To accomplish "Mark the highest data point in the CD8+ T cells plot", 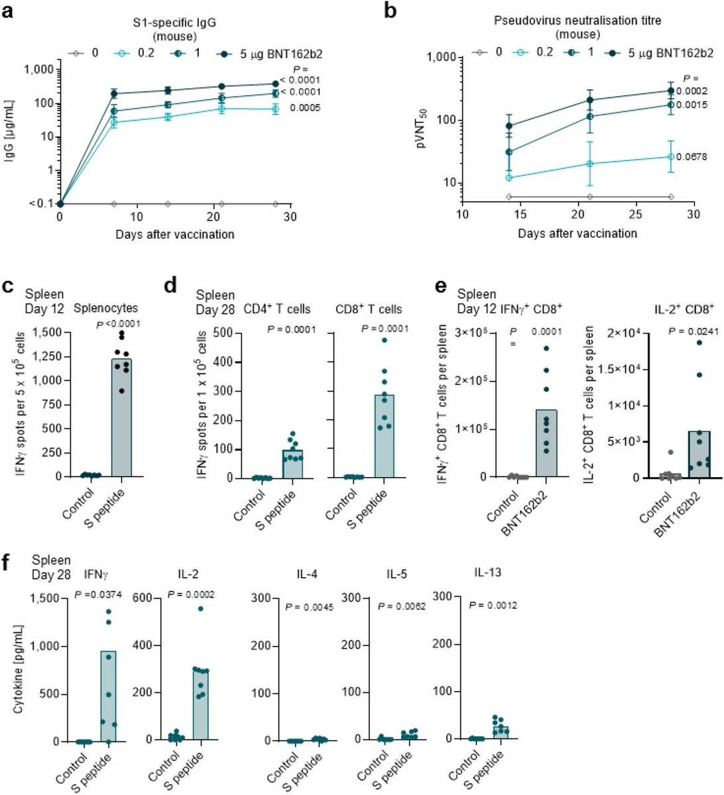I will pos(384,341).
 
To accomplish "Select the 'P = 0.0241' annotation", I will pos(684,332).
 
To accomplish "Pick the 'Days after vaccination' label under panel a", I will pos(175,234).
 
